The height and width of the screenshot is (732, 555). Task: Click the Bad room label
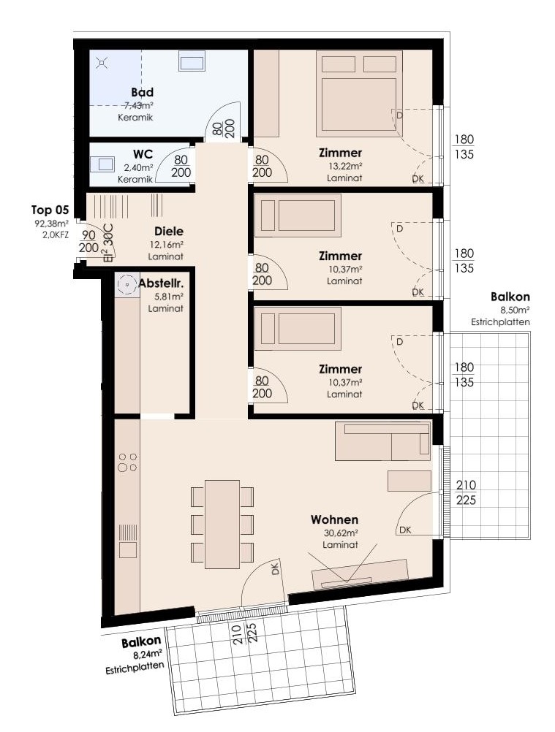[142, 93]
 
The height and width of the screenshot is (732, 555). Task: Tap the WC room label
[143, 155]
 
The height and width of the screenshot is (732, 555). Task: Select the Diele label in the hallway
[169, 231]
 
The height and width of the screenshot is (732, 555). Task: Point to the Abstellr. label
[161, 283]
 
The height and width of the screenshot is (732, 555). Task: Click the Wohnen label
[334, 519]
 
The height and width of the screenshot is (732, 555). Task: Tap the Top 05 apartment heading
[50, 210]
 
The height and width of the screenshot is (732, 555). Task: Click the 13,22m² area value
[346, 166]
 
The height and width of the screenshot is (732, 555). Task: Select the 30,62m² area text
[341, 533]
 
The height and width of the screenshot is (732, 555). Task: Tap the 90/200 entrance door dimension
[88, 241]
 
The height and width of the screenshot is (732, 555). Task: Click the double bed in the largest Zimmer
[359, 94]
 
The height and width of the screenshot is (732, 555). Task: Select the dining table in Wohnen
[222, 525]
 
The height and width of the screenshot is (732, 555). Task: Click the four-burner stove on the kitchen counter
[127, 462]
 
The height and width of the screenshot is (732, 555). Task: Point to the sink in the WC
[102, 164]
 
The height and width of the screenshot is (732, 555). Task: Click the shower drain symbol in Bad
[102, 62]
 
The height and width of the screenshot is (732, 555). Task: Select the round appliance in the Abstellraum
[126, 284]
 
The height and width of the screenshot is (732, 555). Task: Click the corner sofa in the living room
[382, 442]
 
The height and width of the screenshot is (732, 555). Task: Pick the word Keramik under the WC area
[135, 179]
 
